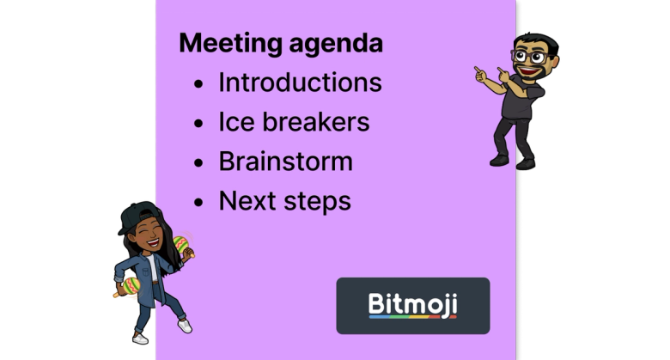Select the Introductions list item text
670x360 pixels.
(x=300, y=82)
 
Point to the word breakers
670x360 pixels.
(x=317, y=122)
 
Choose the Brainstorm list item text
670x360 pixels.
(x=285, y=162)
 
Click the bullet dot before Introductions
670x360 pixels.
(x=199, y=85)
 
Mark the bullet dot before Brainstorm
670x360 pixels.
(x=199, y=163)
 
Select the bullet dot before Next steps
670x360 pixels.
(x=199, y=203)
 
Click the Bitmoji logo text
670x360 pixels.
(x=412, y=303)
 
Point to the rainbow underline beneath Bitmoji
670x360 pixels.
(x=412, y=317)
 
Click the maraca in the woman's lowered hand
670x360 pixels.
(x=125, y=287)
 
